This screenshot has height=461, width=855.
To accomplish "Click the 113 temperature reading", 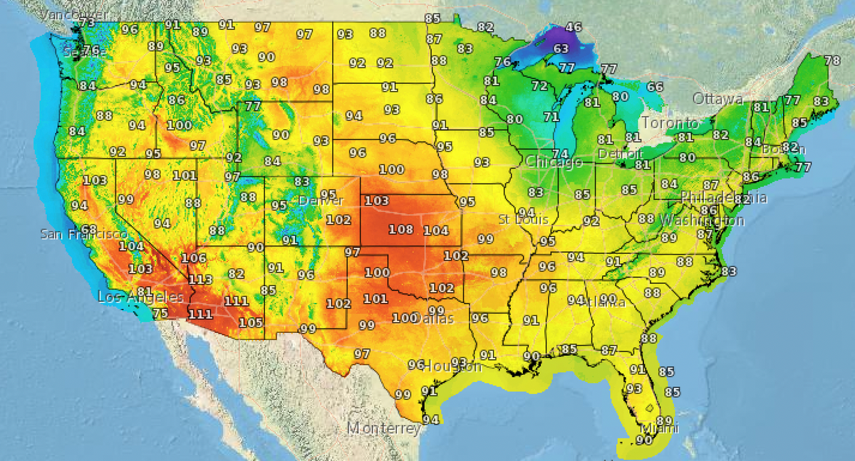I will pos(200,280).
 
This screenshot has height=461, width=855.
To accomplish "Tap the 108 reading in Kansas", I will pos(401,230).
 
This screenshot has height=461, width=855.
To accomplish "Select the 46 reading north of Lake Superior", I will pos(574,28).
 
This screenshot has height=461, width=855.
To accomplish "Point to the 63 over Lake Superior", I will pos(561,49).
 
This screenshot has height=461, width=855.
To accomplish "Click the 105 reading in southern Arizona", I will pos(251,322).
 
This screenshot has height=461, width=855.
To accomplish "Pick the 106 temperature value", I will pos(194,258).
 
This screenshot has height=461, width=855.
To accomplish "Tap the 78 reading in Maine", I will pos(832,60).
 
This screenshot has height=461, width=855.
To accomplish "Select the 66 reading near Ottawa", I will pos(655,87).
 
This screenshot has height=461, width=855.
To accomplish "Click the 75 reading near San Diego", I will pos(160,313).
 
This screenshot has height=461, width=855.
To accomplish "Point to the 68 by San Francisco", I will pos(89,230).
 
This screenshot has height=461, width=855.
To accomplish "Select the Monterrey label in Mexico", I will pos(383,428).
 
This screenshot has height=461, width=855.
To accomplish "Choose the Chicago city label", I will pos(554,162).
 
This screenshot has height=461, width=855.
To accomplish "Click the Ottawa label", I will pos(717,99).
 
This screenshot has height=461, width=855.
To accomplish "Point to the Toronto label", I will pos(670,123).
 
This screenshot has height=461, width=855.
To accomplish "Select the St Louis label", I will pos(523,219).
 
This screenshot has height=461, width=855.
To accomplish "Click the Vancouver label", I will pos(75,14).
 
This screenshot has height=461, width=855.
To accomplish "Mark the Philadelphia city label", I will pos(722,197).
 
